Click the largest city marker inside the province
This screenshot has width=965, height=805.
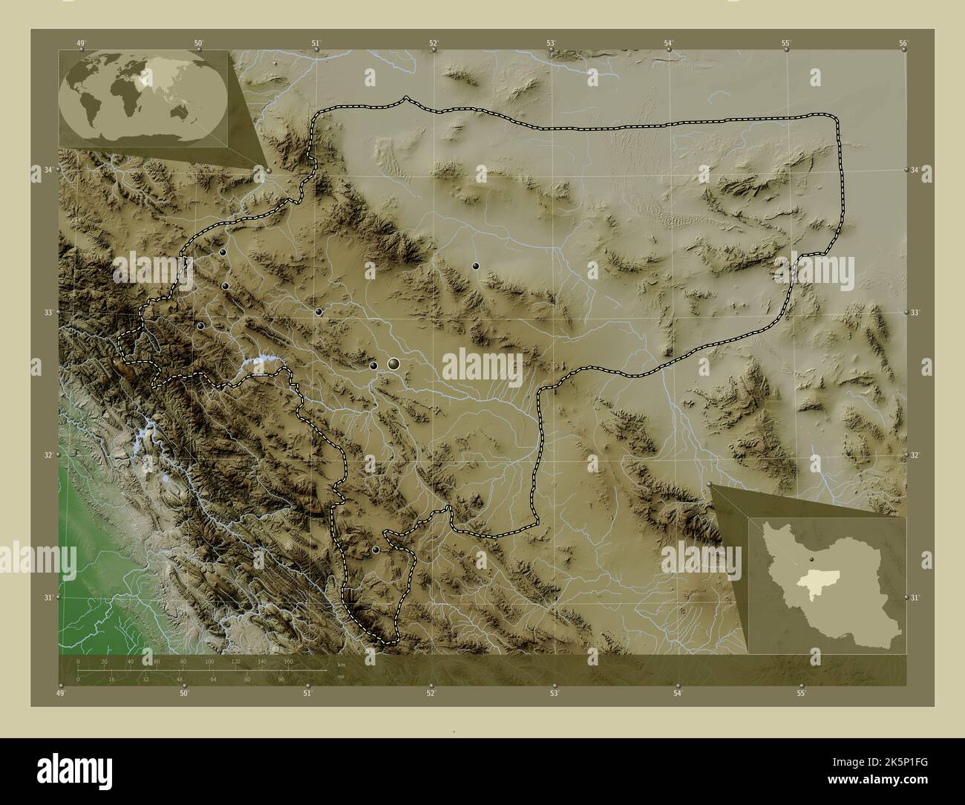point(393,363)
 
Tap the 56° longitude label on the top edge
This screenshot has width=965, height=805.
point(903,44)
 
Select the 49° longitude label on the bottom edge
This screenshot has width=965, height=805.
point(60,694)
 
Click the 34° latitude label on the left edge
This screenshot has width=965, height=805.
point(48,170)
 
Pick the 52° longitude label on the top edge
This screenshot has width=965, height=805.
point(434,44)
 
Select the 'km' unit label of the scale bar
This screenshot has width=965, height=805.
point(341,665)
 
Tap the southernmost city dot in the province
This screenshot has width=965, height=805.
point(376,550)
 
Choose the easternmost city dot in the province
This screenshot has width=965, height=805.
point(475,266)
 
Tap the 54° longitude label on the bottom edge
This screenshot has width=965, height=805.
point(678,694)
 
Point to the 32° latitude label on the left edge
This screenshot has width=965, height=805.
point(48,455)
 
